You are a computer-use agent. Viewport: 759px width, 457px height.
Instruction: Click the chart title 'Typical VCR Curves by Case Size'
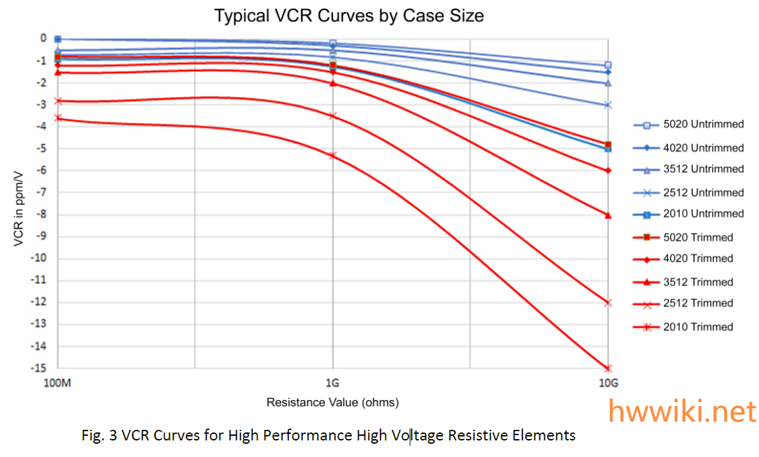click(349, 15)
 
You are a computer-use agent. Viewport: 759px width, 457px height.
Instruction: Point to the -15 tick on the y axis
click(41, 368)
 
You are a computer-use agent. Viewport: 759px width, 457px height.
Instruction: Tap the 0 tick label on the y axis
click(44, 38)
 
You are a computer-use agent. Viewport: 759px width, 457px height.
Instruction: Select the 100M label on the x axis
click(58, 382)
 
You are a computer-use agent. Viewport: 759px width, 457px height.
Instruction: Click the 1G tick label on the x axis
click(333, 382)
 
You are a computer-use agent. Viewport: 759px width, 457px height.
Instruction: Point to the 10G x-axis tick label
click(609, 382)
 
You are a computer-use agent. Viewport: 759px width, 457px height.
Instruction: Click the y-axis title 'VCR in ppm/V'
click(19, 203)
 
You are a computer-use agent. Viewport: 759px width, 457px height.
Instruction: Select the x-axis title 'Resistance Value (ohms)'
click(333, 402)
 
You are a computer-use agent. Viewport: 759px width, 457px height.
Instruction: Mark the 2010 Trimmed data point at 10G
click(609, 368)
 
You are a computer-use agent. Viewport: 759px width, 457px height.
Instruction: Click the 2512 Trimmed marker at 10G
click(609, 303)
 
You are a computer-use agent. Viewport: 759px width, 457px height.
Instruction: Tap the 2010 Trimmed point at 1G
click(333, 155)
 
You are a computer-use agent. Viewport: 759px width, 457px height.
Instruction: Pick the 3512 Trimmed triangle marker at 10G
click(609, 215)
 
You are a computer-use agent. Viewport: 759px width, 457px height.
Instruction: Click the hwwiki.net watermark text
click(683, 411)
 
